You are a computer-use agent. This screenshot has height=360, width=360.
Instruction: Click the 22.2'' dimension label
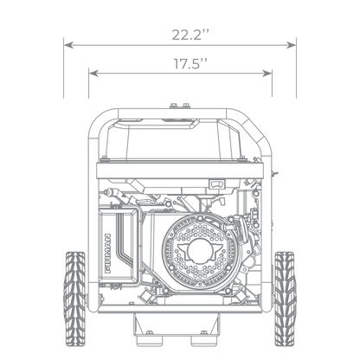[190, 35]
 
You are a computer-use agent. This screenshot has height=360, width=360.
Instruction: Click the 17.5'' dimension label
[190, 63]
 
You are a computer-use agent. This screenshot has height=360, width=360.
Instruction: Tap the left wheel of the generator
[74, 299]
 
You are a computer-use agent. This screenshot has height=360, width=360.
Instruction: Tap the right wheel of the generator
[285, 299]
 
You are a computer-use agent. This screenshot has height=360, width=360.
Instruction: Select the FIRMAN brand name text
[107, 254]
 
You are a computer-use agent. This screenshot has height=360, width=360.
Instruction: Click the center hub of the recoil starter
[199, 250]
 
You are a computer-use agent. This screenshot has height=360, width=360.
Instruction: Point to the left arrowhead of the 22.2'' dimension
[68, 45]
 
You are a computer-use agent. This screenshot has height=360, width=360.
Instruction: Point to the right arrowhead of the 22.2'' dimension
[292, 45]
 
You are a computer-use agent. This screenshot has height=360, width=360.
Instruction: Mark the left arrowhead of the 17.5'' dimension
[93, 74]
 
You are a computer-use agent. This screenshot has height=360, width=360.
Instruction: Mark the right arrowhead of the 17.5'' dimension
[267, 74]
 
